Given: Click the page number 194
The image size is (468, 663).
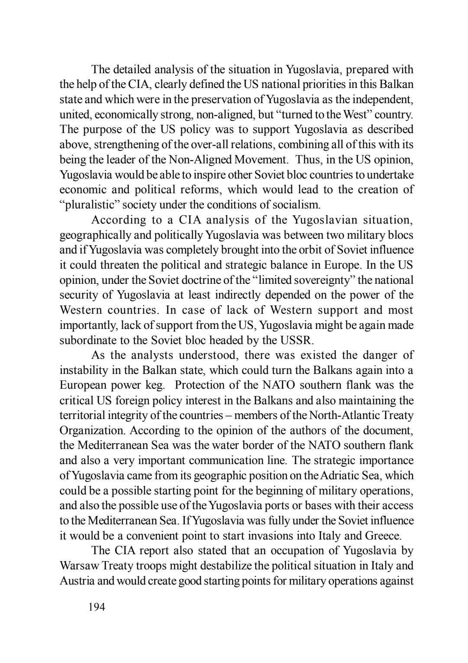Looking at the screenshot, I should [x=96, y=607].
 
